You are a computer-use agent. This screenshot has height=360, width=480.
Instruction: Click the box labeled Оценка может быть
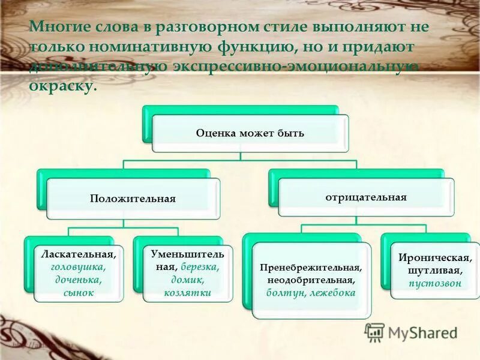250,133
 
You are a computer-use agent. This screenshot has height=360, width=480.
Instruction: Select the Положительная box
133,199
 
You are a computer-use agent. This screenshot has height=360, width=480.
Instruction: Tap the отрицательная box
366,196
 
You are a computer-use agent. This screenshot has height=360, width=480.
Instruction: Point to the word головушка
78,267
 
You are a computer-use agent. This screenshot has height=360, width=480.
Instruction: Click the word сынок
78,293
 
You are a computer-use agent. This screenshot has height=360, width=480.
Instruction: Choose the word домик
187,280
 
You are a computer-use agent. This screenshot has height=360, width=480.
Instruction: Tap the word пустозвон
435,284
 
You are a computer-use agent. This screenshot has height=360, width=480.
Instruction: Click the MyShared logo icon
375,332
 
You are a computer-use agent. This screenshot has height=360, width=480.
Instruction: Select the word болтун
285,293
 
